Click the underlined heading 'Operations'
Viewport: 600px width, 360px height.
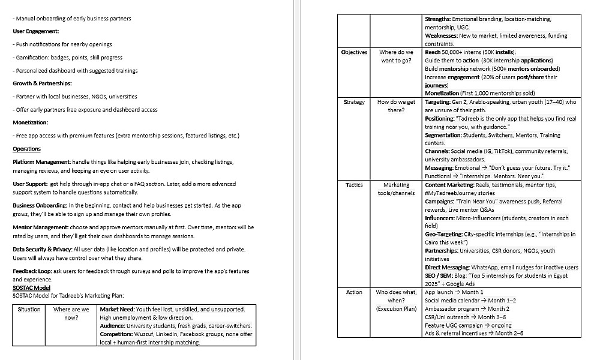pos(26,149)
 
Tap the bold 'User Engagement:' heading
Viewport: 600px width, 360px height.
pos(35,31)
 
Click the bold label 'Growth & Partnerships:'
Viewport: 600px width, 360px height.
pos(42,83)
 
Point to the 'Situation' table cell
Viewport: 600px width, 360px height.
pos(29,310)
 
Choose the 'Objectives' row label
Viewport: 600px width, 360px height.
pos(354,52)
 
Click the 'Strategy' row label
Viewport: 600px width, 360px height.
pos(354,102)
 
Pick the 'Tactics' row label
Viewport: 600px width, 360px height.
pos(354,185)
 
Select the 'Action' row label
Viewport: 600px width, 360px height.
pos(354,292)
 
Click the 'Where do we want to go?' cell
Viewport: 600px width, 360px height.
pos(397,56)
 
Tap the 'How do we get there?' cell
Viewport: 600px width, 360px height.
pos(397,106)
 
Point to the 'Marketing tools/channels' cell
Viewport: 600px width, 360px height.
pos(397,189)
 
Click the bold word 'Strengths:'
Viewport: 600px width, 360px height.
pos(438,19)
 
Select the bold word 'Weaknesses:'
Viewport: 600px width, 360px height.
pos(442,36)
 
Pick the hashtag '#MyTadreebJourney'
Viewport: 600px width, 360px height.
pos(452,193)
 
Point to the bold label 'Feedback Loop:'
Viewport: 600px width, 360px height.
pos(33,271)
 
